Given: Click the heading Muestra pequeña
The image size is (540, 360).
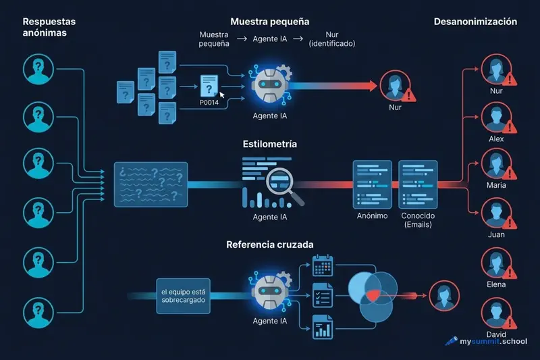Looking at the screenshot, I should (x=269, y=21).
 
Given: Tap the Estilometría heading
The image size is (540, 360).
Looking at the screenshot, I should (x=269, y=145).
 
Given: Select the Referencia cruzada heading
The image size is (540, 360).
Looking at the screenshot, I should (x=269, y=244).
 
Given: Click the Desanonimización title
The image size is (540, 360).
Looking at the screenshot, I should (x=475, y=22).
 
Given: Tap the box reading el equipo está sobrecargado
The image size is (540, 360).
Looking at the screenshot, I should (x=184, y=295).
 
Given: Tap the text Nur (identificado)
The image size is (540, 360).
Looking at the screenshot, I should (x=331, y=39).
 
